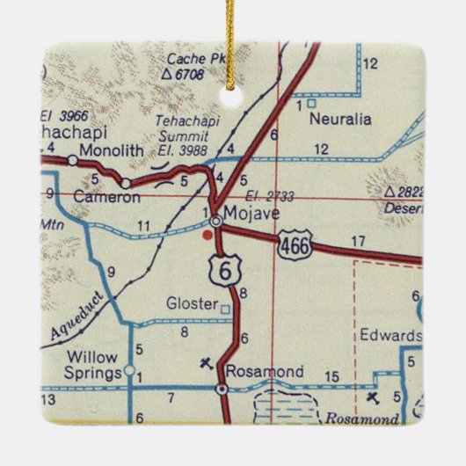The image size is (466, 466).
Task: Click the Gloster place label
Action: pos(192,304)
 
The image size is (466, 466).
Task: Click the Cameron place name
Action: pos(82,198)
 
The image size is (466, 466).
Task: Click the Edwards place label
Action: pos(390,336)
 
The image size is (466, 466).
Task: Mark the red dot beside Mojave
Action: pos(208,235)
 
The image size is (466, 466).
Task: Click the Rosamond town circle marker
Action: pos(222,388)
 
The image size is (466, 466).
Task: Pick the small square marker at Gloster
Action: pos(225,308)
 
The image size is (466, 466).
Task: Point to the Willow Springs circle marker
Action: pos(129,370)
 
